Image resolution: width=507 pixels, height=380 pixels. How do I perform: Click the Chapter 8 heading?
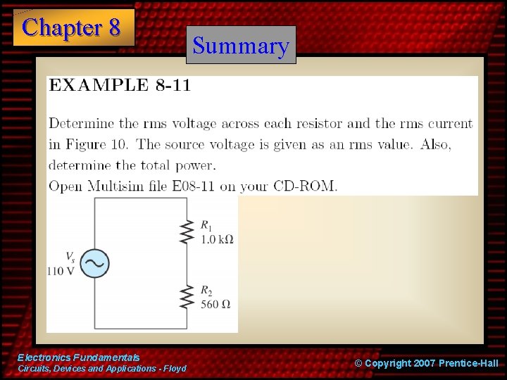click(x=72, y=27)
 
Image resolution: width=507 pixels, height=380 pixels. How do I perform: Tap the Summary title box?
click(x=241, y=46)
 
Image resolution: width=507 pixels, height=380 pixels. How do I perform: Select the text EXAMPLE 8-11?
click(x=119, y=86)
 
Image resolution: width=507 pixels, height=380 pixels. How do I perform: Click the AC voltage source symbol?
click(x=94, y=262)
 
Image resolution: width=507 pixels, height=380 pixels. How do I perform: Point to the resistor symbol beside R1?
click(x=187, y=231)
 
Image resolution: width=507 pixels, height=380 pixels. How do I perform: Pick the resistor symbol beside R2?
click(x=187, y=296)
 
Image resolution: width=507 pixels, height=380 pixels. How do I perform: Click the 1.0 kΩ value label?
click(x=217, y=239)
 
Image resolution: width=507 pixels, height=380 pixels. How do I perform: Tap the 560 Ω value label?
click(x=215, y=305)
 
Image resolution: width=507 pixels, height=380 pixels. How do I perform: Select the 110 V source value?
click(x=61, y=272)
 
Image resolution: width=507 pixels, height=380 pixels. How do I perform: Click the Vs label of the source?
click(x=70, y=257)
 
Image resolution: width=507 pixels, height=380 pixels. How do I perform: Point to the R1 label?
click(x=206, y=225)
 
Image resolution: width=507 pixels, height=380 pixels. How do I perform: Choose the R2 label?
click(x=206, y=291)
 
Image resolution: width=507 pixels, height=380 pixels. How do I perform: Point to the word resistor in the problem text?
click(x=319, y=123)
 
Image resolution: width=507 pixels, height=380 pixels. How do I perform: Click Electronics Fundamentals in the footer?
click(x=78, y=358)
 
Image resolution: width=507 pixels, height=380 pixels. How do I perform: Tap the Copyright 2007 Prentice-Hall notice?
click(x=426, y=363)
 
